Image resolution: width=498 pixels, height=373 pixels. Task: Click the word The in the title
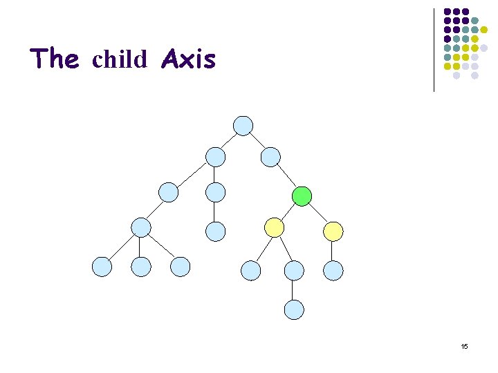pos(55,59)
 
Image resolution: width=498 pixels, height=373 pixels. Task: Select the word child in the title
pos(120,60)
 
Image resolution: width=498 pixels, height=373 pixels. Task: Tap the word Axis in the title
pos(188,59)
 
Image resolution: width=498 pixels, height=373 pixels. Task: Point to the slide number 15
pos(464,346)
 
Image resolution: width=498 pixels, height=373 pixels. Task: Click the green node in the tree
pos(301,196)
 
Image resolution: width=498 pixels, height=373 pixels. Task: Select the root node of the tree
pos(243,125)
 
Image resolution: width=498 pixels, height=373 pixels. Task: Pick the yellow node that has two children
pos(275,227)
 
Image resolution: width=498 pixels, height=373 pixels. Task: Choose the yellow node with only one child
pos(333,231)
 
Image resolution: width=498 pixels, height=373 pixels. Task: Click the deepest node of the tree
pos(294,309)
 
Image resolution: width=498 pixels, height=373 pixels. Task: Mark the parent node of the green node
pos(270,157)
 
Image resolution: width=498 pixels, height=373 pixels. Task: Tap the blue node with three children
pos(141,227)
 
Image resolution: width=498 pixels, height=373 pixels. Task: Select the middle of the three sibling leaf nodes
pos(141,267)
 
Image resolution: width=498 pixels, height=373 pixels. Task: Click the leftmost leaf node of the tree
pos(102,267)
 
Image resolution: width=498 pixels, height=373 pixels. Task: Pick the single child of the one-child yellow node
pos(333,270)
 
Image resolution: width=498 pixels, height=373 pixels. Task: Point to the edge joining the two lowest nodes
pos(294,290)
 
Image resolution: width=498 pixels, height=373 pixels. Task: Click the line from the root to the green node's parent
pos(257,141)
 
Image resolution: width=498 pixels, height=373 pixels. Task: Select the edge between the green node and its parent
pos(286,177)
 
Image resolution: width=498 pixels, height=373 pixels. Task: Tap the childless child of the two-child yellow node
pos(250,270)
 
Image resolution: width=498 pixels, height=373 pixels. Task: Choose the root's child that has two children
pos(216,157)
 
